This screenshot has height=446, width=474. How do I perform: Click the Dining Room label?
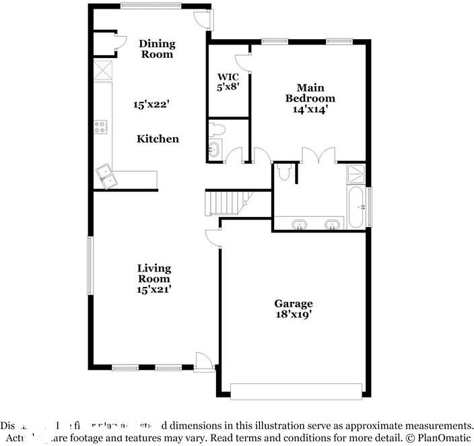[x=157, y=49]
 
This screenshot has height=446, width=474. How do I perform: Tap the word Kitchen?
[x=158, y=139]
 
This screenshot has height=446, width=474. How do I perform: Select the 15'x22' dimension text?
[x=149, y=104]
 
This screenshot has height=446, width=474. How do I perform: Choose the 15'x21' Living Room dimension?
[x=154, y=289]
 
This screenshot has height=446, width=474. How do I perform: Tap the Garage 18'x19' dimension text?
[x=293, y=314]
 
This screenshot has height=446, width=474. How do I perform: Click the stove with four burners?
[x=100, y=125]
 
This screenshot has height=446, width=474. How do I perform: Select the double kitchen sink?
[x=105, y=177]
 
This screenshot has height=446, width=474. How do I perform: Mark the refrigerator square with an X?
[x=103, y=70]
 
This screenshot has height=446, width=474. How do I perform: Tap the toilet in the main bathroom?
[x=284, y=172]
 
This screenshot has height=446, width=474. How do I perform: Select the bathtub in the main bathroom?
[x=357, y=205]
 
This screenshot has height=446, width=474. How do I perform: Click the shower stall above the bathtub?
[x=356, y=174]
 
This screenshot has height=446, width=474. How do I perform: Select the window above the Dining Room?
[x=150, y=6]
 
